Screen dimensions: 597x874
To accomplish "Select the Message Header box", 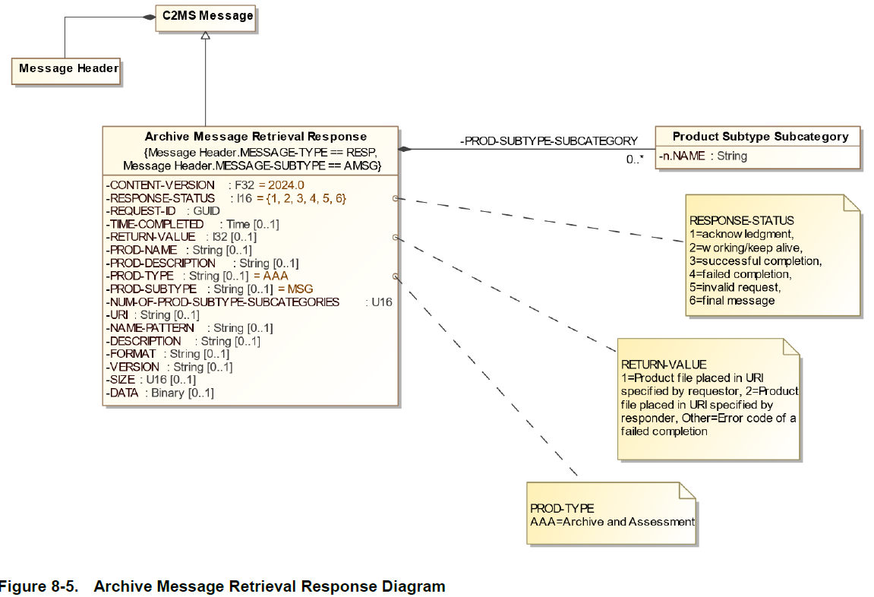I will (68, 68).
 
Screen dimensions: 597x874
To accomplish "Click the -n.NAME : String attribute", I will (703, 156).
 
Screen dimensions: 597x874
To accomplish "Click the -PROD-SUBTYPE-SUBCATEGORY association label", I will (549, 141).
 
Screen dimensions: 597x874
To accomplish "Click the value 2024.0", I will (286, 185).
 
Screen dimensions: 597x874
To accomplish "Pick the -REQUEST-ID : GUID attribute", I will (163, 211).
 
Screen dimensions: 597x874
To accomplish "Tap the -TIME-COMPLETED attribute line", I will (192, 224).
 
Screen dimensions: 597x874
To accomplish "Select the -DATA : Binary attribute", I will (160, 393).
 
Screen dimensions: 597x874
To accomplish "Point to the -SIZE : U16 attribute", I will (151, 380).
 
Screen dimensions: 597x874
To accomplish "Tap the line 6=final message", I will (732, 301).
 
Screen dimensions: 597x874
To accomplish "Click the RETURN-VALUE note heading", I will (664, 365).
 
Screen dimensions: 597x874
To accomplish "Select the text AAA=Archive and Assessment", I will (612, 522).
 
